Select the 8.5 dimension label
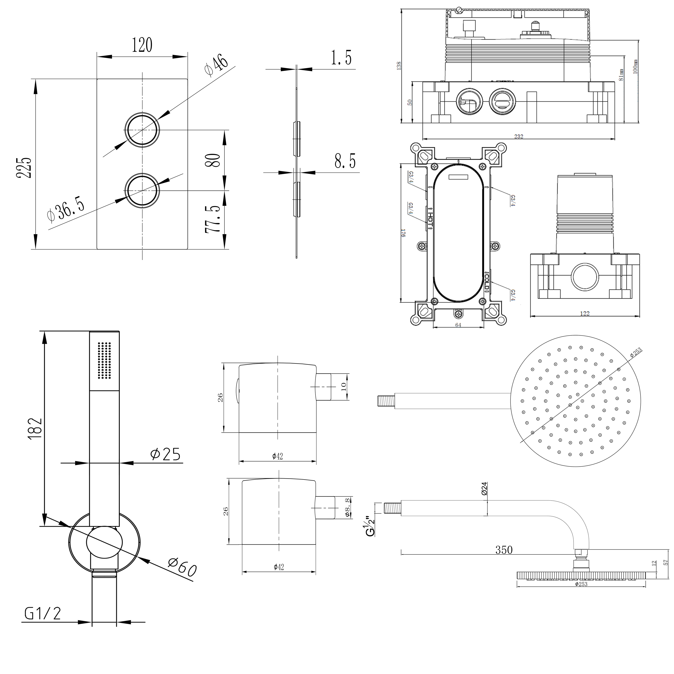click(x=345, y=161)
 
